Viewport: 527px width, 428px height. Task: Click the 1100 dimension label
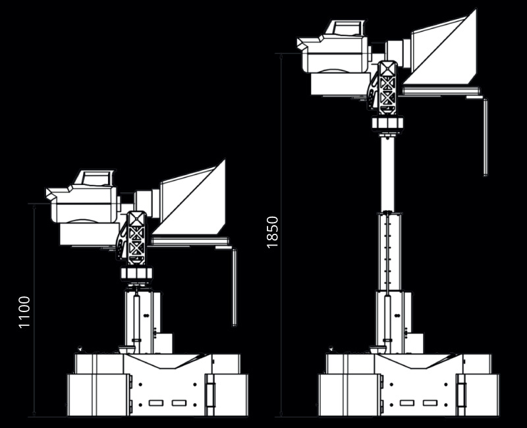24,312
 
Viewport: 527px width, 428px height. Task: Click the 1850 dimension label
272,232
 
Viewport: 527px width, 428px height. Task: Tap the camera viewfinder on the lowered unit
94,177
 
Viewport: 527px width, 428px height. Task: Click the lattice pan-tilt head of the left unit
136,238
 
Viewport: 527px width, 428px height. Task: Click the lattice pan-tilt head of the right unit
387,88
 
